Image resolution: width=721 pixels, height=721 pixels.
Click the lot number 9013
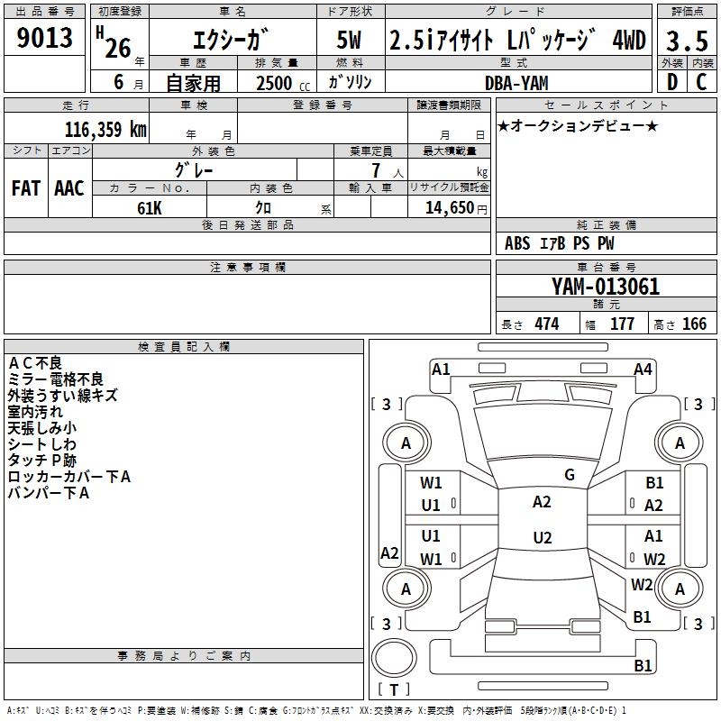click(44, 38)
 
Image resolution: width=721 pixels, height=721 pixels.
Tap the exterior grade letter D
click(671, 81)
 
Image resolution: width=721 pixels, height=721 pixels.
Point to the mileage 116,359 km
click(105, 129)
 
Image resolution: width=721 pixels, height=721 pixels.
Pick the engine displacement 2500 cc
click(273, 83)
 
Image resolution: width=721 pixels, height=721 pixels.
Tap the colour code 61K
click(149, 207)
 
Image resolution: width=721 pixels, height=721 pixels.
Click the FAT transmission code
click(26, 188)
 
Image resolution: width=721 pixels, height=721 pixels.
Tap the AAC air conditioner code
click(69, 188)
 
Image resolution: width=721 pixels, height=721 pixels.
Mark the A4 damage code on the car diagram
click(643, 369)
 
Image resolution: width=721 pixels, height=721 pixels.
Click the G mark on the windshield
click(570, 474)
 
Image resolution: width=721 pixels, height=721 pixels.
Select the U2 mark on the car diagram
click(542, 538)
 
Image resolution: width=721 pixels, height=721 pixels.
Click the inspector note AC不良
click(35, 362)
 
